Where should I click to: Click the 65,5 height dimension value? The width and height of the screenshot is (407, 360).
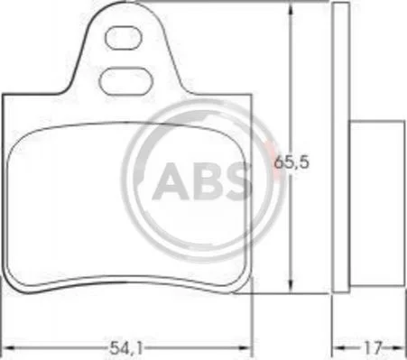click(x=291, y=162)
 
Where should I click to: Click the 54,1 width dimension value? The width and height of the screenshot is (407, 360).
click(x=125, y=348)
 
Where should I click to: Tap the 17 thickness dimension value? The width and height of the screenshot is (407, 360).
click(x=373, y=348)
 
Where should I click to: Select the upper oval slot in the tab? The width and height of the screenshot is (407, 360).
click(x=123, y=38)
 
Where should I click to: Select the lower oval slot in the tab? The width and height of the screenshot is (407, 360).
click(x=125, y=81)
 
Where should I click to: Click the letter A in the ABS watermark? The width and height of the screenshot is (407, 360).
click(x=170, y=181)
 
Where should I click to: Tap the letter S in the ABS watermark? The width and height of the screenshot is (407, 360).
click(x=236, y=181)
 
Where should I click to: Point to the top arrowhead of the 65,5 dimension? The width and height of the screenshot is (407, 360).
click(x=290, y=9)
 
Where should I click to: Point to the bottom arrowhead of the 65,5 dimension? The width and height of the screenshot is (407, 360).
click(x=291, y=286)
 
